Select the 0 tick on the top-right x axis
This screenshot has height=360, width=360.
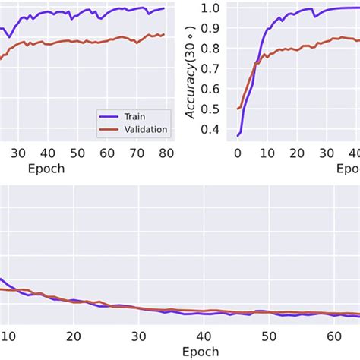[238, 152]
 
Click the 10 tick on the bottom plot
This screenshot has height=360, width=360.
[8, 336]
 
